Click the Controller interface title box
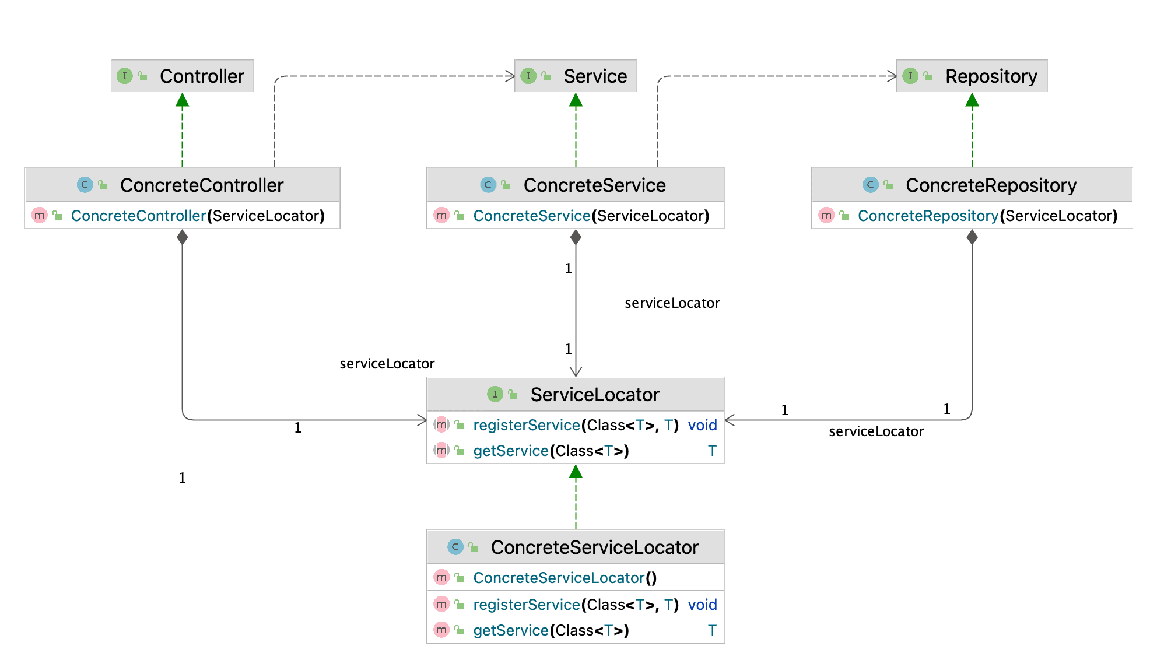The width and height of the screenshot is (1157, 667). click(183, 76)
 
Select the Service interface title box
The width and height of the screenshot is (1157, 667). click(576, 76)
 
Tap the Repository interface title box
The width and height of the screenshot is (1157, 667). click(972, 76)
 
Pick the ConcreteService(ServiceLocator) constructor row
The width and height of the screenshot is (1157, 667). click(576, 216)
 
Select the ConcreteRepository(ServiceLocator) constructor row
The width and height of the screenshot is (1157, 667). click(972, 216)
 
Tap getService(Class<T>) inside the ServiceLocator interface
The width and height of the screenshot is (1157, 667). click(551, 451)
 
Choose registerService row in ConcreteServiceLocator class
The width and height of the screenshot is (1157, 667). click(576, 605)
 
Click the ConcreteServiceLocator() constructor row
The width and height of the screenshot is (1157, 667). click(565, 578)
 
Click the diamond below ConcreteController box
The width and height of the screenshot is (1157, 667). click(183, 237)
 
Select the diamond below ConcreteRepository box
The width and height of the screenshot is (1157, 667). click(972, 237)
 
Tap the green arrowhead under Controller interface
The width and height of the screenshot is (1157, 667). click(183, 100)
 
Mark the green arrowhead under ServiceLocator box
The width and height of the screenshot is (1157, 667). click(576, 472)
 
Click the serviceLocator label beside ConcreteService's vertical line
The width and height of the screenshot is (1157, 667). click(672, 303)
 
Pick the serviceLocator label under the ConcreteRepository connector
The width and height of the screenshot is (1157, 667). click(876, 431)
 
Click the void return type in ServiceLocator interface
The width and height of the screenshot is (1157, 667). click(702, 425)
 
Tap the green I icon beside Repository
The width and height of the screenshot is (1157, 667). click(910, 76)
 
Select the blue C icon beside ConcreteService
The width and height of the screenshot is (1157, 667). click(488, 185)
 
